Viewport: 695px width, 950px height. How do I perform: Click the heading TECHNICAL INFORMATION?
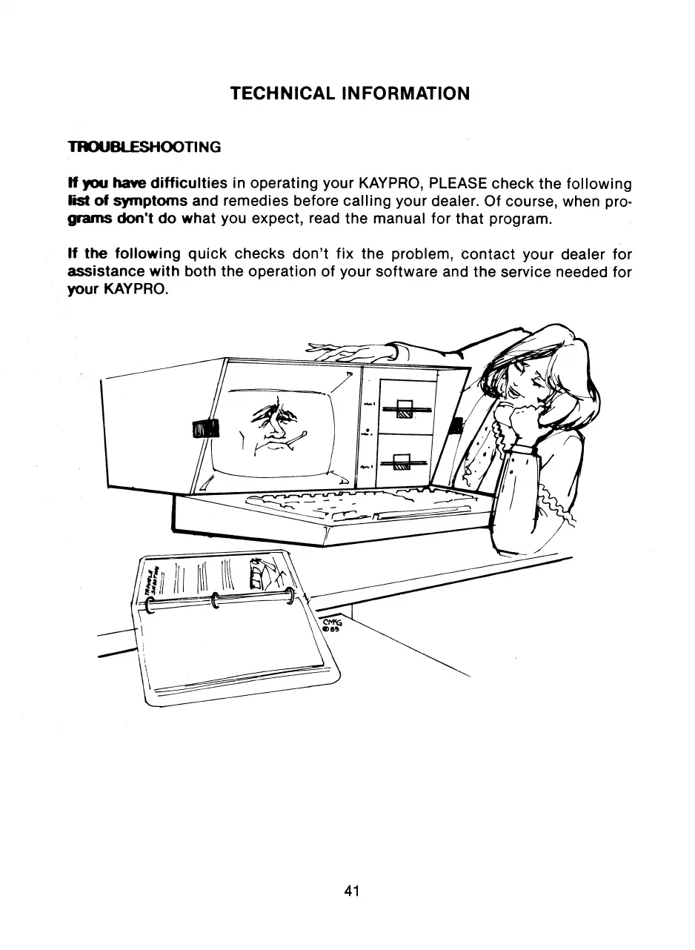point(350,94)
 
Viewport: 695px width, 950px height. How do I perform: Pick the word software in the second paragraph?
point(403,272)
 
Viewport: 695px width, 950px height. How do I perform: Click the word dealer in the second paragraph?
point(576,254)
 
